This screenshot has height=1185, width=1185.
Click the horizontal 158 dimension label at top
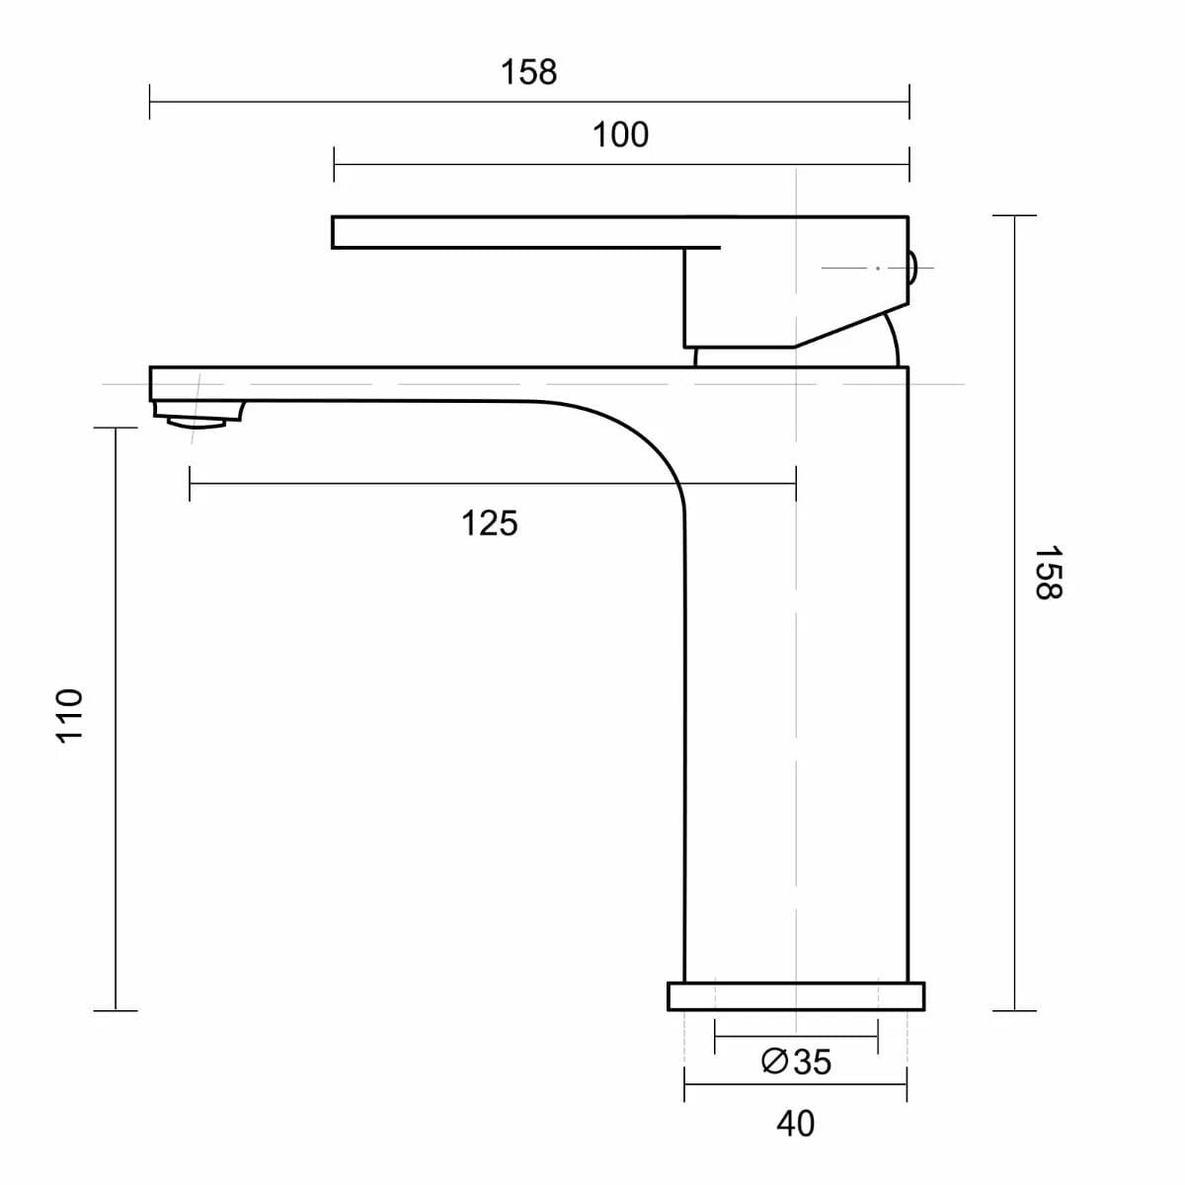(528, 72)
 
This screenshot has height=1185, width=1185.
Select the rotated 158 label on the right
(1048, 572)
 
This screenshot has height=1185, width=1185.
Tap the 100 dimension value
(620, 134)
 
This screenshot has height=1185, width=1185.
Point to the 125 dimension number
(489, 522)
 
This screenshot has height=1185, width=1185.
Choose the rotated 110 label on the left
(68, 715)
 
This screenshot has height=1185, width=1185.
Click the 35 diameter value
(812, 1062)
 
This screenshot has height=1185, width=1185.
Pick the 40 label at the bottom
(795, 1124)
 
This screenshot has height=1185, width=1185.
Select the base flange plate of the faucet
(796, 996)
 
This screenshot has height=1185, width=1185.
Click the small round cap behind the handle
(912, 267)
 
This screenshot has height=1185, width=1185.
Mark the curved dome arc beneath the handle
(891, 339)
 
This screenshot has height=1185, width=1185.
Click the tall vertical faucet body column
(796, 691)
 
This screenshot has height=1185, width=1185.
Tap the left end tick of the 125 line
(190, 483)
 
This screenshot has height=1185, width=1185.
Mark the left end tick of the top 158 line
(150, 101)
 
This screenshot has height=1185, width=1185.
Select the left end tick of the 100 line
(335, 164)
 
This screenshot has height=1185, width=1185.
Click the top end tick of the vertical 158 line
(1014, 215)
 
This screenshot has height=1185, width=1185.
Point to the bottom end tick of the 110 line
(116, 1010)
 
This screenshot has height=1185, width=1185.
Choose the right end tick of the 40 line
(907, 1083)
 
